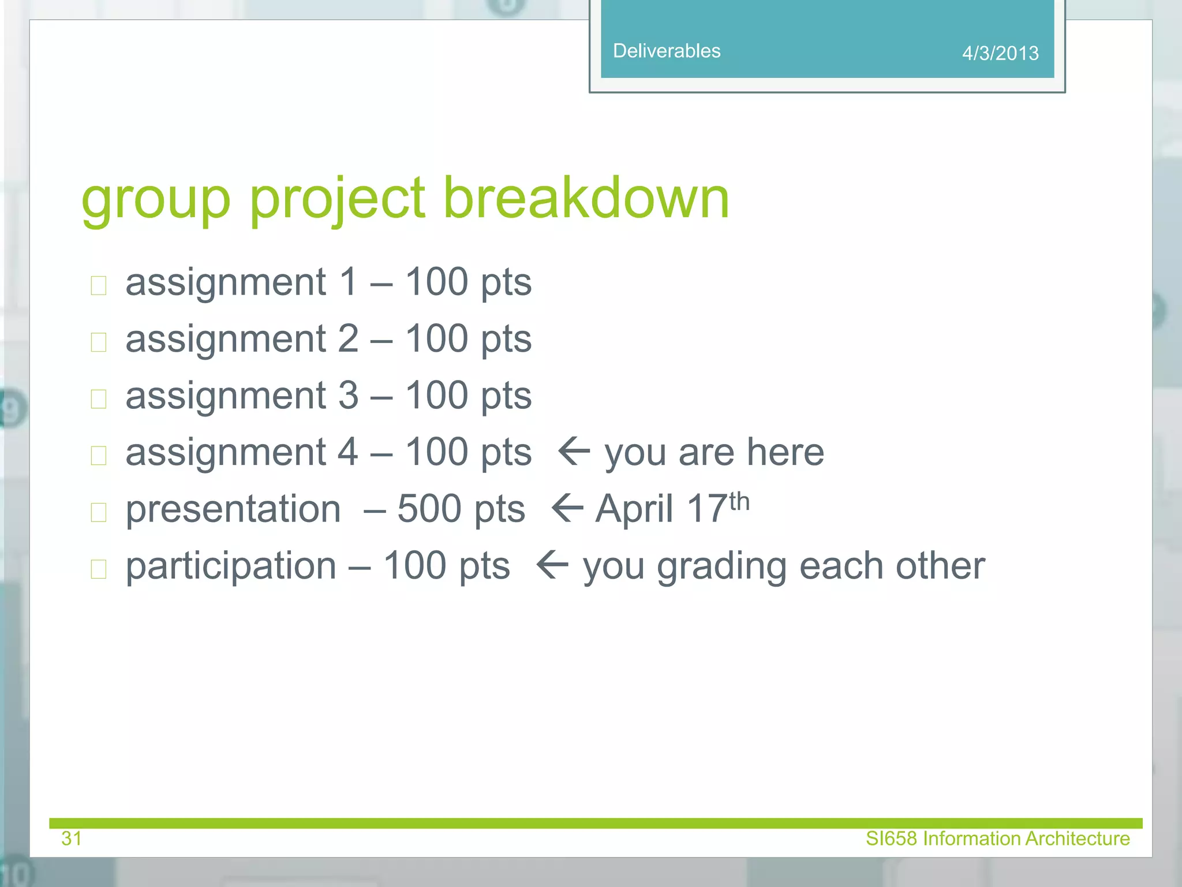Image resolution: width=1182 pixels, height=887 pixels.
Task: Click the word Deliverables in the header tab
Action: coord(667,51)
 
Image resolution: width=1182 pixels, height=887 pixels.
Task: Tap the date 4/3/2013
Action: coord(1000,53)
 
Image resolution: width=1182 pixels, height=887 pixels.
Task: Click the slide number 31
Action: coord(72,838)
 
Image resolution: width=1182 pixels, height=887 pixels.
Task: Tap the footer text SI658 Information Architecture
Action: coord(997,838)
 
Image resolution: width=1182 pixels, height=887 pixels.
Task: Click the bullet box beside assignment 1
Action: coord(99,285)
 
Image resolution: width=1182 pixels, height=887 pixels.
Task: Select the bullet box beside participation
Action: coord(99,569)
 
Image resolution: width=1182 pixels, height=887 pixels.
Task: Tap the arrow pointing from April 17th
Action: coord(567,508)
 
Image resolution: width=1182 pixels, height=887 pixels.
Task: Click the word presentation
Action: coord(233,510)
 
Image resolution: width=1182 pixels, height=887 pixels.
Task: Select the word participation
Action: coord(231,567)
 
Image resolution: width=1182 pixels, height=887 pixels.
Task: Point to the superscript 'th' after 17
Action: coord(739,501)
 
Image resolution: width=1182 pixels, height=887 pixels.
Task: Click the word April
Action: coord(634,510)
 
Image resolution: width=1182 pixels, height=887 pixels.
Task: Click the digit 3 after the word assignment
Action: coord(348,396)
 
